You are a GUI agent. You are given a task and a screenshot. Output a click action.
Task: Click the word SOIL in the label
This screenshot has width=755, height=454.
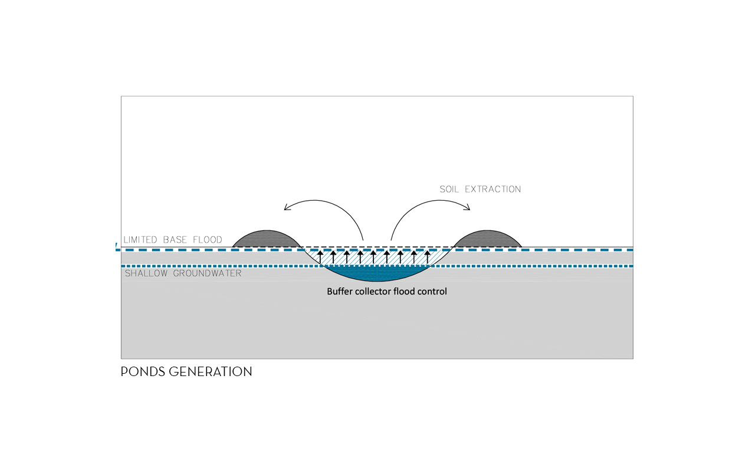449,190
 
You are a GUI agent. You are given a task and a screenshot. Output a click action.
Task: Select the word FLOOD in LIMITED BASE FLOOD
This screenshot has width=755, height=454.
206,240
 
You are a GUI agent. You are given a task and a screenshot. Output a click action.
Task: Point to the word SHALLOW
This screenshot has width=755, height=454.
145,273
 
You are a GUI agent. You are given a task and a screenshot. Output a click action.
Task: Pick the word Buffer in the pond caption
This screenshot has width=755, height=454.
339,291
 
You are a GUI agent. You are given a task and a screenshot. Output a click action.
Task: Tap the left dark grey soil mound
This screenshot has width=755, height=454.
266,239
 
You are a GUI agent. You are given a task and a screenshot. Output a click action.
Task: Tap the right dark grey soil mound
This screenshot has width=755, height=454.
488,239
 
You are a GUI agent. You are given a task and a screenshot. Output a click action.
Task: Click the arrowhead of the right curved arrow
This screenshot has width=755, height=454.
468,207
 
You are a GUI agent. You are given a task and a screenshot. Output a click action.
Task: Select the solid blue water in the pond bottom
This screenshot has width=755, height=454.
377,273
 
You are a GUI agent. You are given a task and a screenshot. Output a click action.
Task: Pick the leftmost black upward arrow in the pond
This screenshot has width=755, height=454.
320,257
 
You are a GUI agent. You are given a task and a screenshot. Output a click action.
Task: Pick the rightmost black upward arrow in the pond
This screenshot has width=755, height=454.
428,257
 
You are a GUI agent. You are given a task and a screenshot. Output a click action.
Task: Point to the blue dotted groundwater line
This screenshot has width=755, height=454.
177,266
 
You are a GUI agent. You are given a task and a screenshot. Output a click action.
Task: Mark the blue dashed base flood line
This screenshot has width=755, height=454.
177,250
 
